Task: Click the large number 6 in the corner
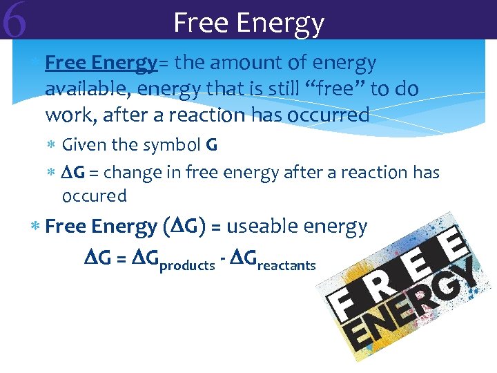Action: click(14, 21)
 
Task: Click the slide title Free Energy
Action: click(248, 22)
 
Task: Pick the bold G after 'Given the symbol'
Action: click(212, 145)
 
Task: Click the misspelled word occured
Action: click(95, 196)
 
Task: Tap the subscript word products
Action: click(187, 265)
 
